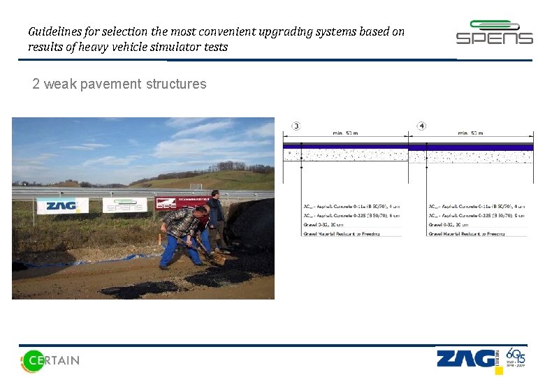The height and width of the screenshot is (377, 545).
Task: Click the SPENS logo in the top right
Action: click(x=494, y=33)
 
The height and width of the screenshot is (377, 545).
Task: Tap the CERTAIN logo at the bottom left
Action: click(x=50, y=360)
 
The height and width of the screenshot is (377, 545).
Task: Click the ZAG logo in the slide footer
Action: click(x=465, y=359)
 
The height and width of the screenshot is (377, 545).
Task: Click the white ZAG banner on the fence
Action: click(x=62, y=205)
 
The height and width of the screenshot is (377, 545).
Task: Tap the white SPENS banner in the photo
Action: click(x=124, y=205)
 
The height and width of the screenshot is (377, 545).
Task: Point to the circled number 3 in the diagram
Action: click(x=296, y=126)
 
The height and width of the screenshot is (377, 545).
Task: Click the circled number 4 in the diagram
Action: click(x=421, y=126)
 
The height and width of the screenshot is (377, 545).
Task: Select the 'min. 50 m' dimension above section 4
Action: click(x=472, y=133)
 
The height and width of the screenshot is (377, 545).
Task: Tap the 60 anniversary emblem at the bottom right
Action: click(x=514, y=359)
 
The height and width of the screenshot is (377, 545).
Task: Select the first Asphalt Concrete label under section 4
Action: click(x=477, y=207)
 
